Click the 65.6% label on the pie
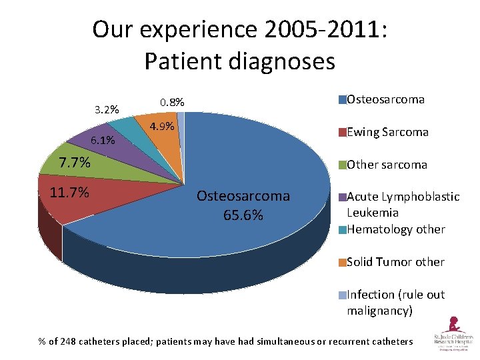pyautogui.click(x=243, y=215)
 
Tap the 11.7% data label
pyautogui.click(x=69, y=193)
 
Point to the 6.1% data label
pyautogui.click(x=103, y=141)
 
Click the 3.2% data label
pyautogui.click(x=107, y=109)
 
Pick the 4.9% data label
pyautogui.click(x=162, y=127)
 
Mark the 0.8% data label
pyautogui.click(x=172, y=103)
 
